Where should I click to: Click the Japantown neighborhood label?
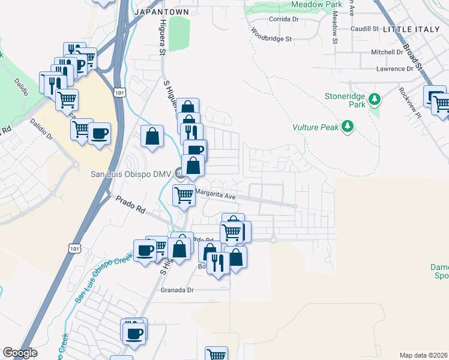point(161,12)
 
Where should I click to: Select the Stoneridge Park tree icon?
point(375,98)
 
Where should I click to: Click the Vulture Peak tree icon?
point(347,126)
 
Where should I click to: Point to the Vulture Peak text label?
point(316,127)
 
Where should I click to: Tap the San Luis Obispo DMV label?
point(131,175)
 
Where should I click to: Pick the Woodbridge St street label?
point(271,35)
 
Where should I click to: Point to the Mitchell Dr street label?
point(387,52)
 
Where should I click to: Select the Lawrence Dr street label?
point(394,69)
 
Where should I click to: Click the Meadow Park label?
point(316,4)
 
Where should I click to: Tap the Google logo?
point(20,353)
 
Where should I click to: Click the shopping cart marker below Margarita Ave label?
point(184,195)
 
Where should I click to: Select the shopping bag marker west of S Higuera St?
point(152,136)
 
